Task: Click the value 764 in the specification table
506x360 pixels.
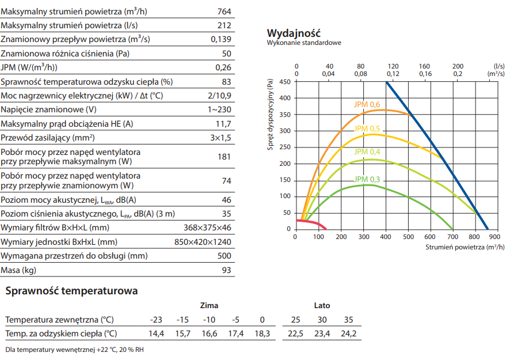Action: (225, 11)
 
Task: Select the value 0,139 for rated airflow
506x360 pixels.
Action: (221, 39)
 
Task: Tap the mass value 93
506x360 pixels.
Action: (226, 270)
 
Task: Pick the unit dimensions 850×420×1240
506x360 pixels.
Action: (203, 242)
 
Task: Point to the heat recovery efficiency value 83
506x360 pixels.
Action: (226, 82)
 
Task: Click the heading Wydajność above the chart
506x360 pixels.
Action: (294, 33)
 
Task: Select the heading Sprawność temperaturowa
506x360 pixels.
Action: (71, 291)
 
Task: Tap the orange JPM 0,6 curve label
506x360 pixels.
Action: (367, 104)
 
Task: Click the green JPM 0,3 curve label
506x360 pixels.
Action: (367, 179)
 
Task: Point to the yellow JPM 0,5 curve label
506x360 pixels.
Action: (367, 128)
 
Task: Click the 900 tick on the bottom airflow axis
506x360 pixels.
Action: (496, 236)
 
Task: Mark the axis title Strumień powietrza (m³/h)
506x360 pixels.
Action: (465, 247)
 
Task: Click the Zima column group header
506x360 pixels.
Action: (209, 305)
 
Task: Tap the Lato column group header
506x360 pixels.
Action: (322, 305)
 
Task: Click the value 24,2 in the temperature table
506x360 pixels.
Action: (348, 334)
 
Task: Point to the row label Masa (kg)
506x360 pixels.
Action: (20, 270)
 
